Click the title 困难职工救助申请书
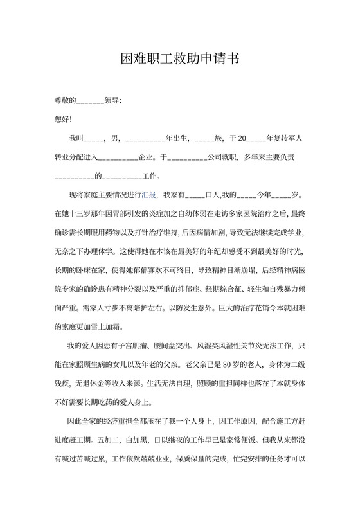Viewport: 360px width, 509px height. pos(180,60)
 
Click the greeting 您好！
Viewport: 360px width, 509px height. pos(64,119)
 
